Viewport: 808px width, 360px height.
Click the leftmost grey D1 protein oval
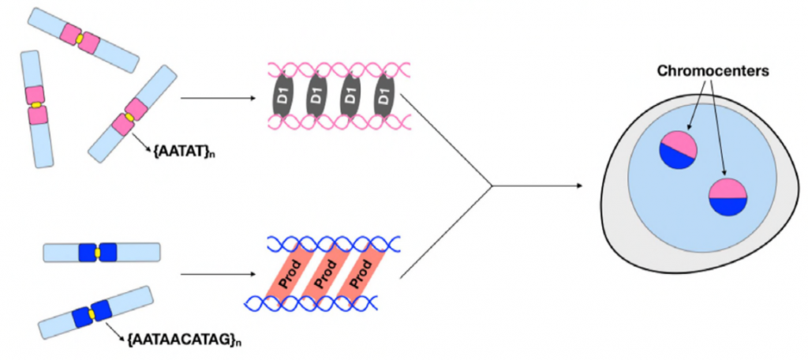(282, 99)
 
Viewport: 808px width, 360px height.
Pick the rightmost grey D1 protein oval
(383, 99)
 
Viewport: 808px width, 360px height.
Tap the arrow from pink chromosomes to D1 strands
(218, 99)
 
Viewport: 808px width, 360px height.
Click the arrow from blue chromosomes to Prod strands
(218, 275)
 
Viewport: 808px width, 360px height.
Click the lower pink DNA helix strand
(331, 122)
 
